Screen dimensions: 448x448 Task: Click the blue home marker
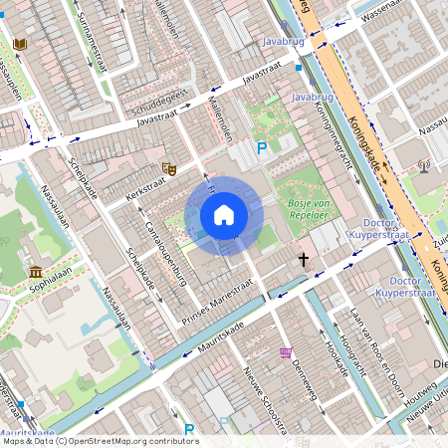click(x=224, y=214)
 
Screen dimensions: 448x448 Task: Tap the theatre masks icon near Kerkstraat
click(x=169, y=169)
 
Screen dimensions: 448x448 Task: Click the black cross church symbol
click(x=303, y=259)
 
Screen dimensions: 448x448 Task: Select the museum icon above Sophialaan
click(x=36, y=272)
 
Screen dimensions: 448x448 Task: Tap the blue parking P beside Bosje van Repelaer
click(x=262, y=148)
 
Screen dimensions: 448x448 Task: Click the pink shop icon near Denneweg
click(x=286, y=352)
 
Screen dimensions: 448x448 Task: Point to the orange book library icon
click(x=20, y=44)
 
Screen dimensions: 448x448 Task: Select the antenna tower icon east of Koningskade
click(x=424, y=165)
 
